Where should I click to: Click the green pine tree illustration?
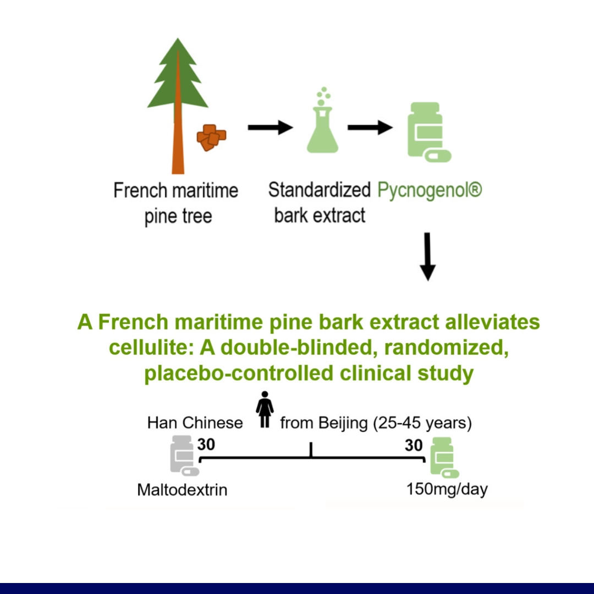(178, 106)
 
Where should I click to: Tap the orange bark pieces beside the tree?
(211, 137)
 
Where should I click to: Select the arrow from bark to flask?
(271, 127)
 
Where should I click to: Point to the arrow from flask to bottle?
(370, 127)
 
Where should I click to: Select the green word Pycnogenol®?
(430, 190)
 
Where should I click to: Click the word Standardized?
(320, 190)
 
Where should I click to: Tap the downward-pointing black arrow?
(428, 257)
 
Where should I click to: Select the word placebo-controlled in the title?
(239, 373)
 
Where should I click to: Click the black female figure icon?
(265, 410)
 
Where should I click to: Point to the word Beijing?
(343, 423)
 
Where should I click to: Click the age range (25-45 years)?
(422, 423)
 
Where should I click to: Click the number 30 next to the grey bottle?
(206, 444)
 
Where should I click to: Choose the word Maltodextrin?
(182, 490)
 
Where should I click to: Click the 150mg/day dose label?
(447, 490)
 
